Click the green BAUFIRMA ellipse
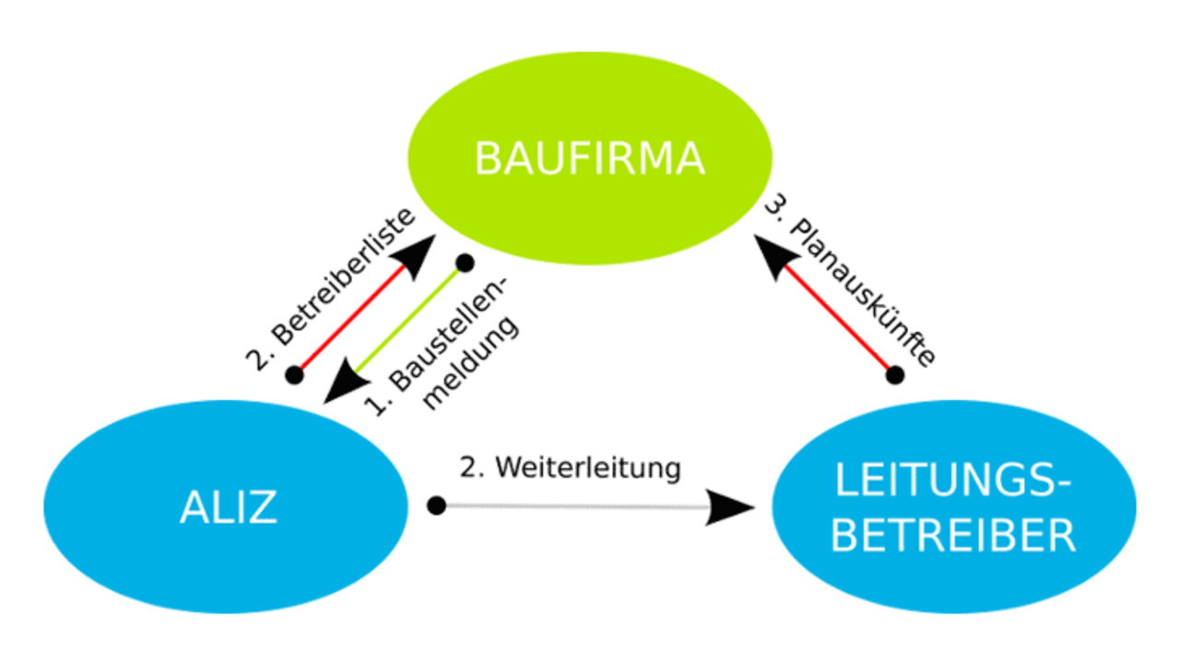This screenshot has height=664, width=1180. point(590,158)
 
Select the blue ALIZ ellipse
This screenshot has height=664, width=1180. point(226,506)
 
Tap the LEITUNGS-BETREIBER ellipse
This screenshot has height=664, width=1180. point(954,506)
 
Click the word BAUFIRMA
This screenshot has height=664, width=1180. point(589,159)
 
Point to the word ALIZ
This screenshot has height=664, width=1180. point(228,507)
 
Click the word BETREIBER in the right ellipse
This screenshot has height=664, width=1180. point(953,536)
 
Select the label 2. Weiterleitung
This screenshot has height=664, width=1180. point(570,468)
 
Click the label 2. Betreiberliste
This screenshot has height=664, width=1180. point(331,290)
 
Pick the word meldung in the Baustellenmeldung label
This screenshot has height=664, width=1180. point(471,362)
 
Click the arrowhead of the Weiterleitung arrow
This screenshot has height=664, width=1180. point(730,507)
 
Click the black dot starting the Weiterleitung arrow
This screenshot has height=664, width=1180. point(436,506)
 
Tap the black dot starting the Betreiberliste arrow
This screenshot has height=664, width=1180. point(294,375)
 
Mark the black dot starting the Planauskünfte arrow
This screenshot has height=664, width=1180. point(895,375)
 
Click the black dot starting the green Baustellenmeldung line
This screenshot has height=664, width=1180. point(466,263)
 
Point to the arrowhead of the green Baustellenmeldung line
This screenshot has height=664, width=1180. point(344,383)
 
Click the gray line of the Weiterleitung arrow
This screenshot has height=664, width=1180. point(577,506)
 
